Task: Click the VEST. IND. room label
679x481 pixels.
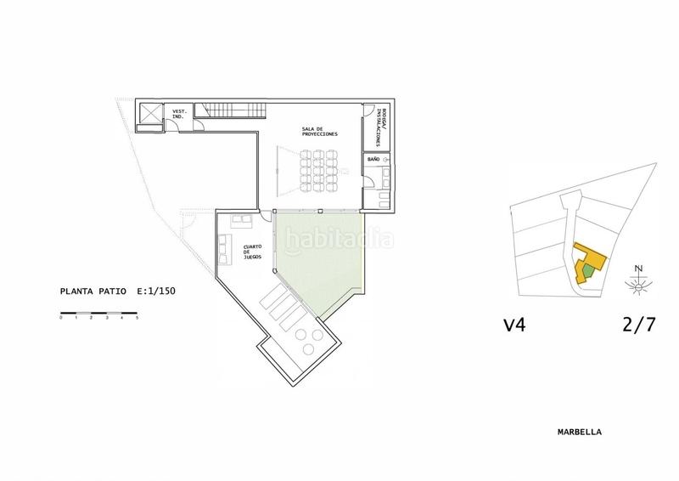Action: click(x=179, y=113)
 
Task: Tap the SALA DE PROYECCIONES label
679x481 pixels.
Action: click(x=319, y=133)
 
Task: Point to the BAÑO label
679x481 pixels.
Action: click(x=373, y=159)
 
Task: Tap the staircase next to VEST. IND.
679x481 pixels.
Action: click(x=231, y=110)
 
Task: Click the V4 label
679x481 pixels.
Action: click(x=515, y=324)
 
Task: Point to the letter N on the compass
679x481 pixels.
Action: click(x=639, y=269)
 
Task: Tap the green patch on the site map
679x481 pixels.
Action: click(x=587, y=270)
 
